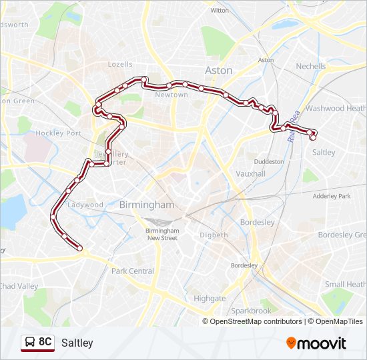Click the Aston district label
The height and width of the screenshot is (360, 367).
tap(219, 70)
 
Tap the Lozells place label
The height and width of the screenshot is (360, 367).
tap(121, 65)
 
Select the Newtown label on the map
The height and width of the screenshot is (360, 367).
tap(171, 95)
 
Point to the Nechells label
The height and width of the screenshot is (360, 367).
tap(311, 66)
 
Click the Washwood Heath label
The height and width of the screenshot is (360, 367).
tap(336, 108)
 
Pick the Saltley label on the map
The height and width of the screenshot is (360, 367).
tap(324, 153)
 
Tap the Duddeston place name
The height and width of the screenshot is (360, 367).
tap(269, 161)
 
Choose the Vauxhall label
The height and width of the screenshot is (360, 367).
tap(251, 173)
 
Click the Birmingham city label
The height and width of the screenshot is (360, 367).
tap(146, 205)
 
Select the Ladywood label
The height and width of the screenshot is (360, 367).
tap(85, 205)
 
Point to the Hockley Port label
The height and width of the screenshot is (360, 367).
tap(59, 133)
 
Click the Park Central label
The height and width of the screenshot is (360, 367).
tap(133, 271)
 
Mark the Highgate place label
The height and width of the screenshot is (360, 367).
tap(210, 299)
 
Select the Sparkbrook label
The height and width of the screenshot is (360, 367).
tap(251, 311)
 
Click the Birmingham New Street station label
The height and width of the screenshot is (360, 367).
tap(162, 234)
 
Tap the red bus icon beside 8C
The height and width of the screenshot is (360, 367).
tap(29, 343)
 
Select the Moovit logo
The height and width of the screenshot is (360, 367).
tap(316, 343)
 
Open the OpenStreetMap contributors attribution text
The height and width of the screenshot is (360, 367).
tap(256, 321)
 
